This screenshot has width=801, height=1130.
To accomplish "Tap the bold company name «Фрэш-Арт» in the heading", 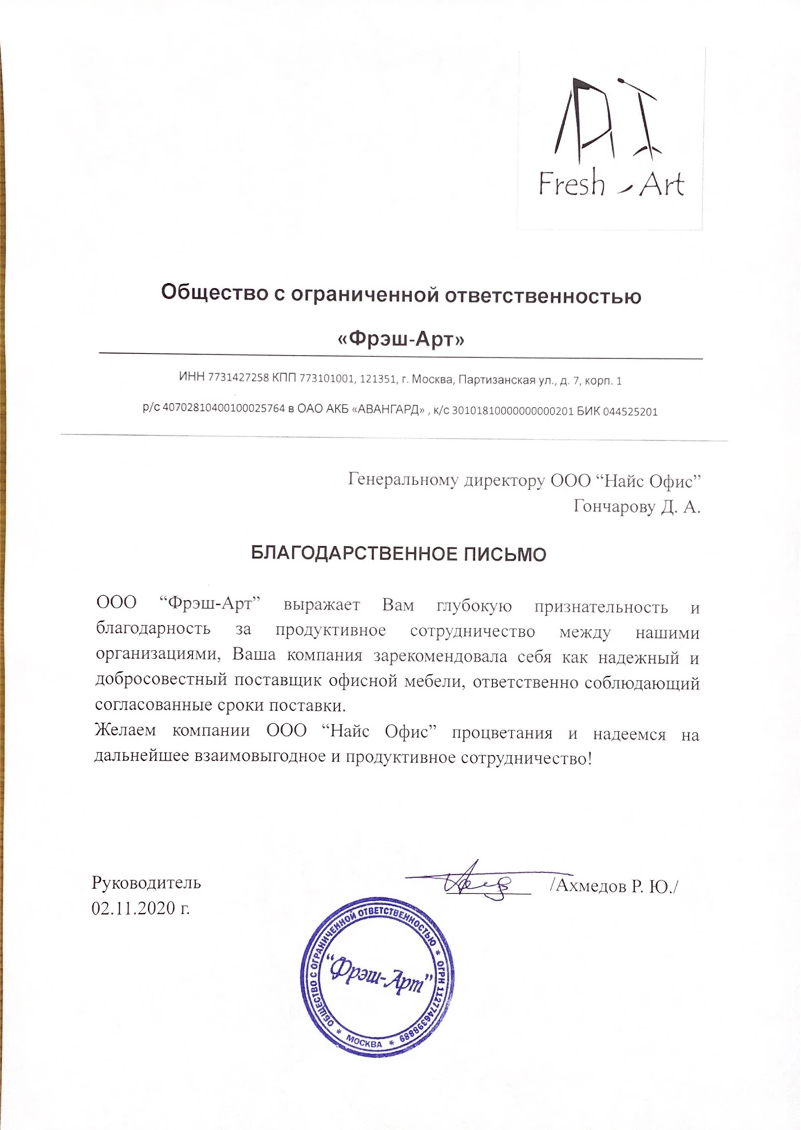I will tap(400, 339).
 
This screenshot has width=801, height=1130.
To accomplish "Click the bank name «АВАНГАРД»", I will tap(389, 410).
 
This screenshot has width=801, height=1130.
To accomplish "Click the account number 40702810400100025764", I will tap(224, 408).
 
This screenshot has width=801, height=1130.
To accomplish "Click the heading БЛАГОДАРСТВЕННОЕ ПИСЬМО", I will tap(399, 554).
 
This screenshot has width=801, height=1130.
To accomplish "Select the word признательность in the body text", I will tap(601, 607).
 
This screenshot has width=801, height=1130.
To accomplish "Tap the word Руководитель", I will tap(146, 883).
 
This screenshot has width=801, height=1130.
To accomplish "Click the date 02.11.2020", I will tap(135, 908).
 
